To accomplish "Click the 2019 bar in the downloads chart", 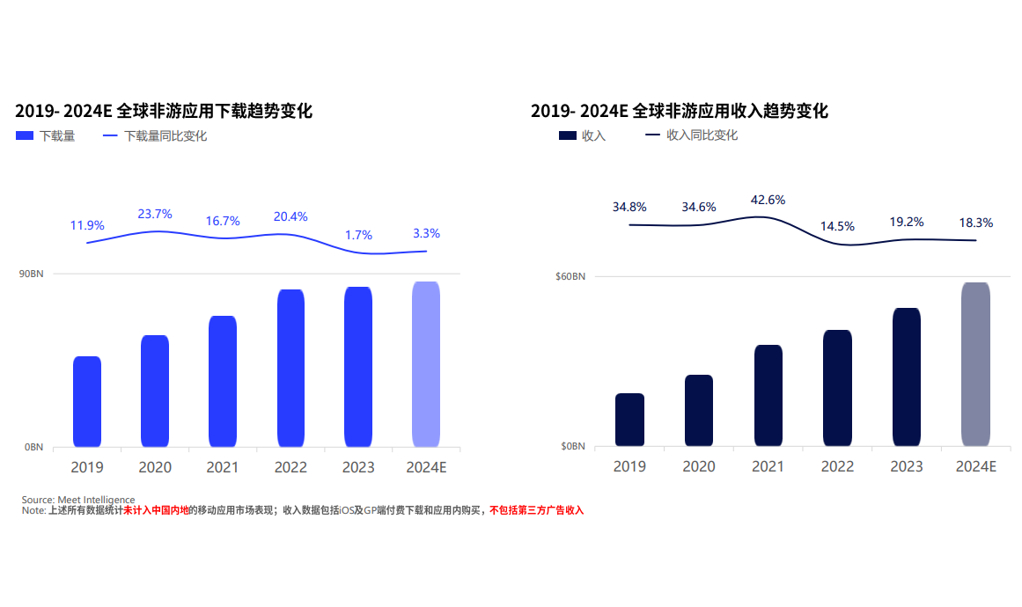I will (87, 401).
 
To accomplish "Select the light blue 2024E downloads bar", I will (426, 364).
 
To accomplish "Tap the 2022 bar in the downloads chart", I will (290, 368).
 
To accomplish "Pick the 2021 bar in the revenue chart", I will (768, 395).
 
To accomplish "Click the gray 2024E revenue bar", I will (975, 364).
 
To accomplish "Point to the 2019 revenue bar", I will (630, 420).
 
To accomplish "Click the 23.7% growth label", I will (155, 214).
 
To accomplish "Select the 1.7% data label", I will (358, 235).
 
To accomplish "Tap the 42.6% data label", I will (768, 200).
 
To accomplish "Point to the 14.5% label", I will (837, 226).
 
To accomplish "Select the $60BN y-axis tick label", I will (570, 277).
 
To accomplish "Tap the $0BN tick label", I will (572, 447).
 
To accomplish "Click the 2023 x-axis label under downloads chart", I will (358, 467).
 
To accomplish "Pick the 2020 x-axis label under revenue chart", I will (699, 466).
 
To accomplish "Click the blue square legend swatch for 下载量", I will (25, 136).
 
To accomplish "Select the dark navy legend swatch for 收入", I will (568, 135).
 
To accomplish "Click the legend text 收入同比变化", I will (702, 135).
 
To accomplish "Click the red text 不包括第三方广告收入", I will (537, 510).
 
